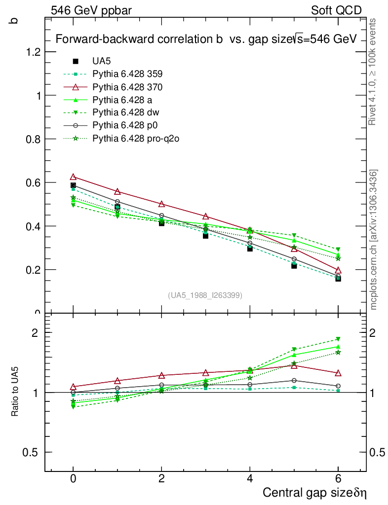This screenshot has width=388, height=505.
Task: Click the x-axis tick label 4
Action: [250, 479]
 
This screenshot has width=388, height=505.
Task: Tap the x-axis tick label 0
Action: [73, 479]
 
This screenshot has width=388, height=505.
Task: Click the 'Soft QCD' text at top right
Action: [336, 10]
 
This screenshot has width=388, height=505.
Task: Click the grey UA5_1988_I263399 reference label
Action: [205, 295]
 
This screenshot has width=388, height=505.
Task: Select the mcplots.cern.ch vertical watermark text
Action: [374, 240]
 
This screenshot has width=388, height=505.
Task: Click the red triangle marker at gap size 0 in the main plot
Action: [73, 177]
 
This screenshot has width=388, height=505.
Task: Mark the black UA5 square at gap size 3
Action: [205, 236]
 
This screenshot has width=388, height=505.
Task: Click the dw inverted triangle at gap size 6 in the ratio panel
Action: [338, 339]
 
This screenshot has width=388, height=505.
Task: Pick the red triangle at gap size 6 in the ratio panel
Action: [338, 373]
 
